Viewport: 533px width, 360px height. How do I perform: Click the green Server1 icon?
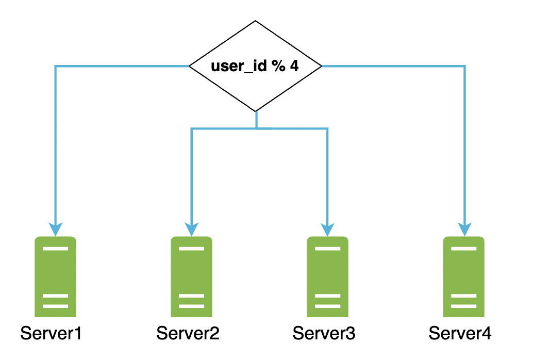pos(56,276)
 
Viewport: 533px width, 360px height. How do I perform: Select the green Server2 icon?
pos(192,276)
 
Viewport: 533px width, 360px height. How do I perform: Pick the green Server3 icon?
pos(328,276)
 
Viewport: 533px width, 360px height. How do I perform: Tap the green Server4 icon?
pos(464,276)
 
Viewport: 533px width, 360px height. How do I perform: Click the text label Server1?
pos(52,334)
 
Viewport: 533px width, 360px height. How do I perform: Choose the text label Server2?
pos(188,334)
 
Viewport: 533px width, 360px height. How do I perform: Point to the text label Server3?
pos(324,334)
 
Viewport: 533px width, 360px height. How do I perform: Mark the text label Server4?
pos(460,334)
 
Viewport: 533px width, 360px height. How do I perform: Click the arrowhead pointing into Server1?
pos(56,228)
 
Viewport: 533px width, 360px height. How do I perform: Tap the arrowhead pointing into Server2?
pos(192,228)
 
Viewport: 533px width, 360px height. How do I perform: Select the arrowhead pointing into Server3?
pos(328,228)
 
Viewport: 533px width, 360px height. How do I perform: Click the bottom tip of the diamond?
pos(256,110)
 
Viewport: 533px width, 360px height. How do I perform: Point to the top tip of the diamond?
pos(256,22)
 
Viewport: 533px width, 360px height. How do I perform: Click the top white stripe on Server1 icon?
pos(56,249)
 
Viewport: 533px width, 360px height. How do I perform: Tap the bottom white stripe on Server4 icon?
pos(464,306)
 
